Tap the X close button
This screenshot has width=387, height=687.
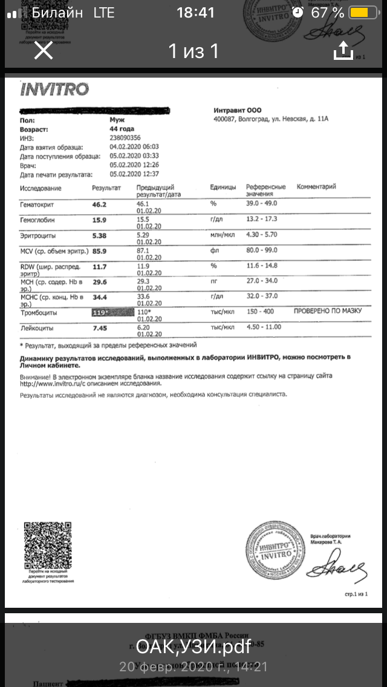coord(44,51)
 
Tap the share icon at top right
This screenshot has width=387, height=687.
coord(343,51)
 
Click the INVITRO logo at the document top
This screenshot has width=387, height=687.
coord(54,90)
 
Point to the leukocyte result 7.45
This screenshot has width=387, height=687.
coord(100,328)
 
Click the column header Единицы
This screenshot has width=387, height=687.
coord(223,187)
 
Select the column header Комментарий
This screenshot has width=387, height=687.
coord(316,187)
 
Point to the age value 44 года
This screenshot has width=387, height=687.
coord(122,129)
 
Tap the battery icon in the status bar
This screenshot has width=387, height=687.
coord(361,13)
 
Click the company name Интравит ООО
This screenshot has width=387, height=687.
coord(238,110)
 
